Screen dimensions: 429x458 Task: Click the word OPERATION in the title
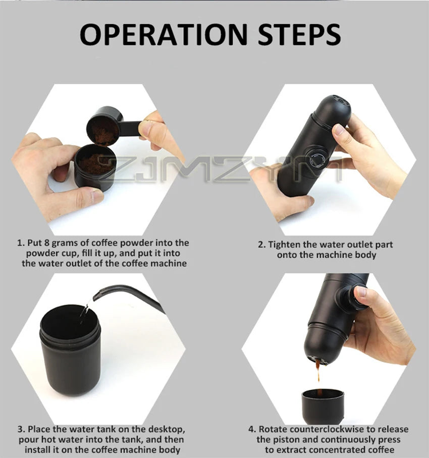[164, 34]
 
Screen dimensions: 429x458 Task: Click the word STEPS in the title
[299, 34]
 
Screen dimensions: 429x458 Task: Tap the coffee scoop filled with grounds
[103, 126]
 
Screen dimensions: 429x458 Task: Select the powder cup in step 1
[95, 167]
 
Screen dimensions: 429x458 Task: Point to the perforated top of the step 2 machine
[336, 105]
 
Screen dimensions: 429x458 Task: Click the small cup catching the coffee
[323, 406]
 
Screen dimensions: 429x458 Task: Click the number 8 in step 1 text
[47, 243]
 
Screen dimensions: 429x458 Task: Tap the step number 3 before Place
[21, 430]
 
